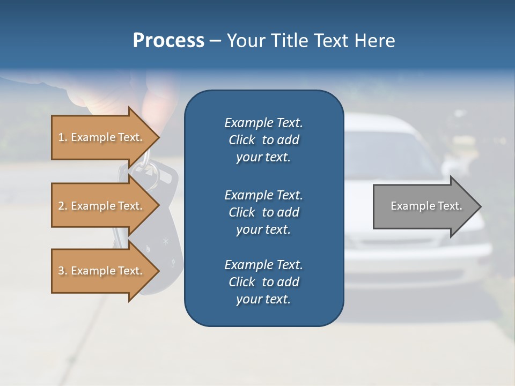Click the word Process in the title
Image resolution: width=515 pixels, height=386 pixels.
(x=168, y=41)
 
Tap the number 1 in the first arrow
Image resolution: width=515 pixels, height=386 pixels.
(x=61, y=137)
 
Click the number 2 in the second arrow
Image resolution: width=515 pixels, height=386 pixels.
(x=61, y=206)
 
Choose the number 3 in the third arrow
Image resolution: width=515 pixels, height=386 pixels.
(x=61, y=271)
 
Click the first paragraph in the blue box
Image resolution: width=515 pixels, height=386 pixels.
(x=263, y=140)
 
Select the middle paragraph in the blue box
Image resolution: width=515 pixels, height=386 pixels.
(x=263, y=212)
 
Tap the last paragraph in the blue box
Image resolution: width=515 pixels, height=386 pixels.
(x=263, y=282)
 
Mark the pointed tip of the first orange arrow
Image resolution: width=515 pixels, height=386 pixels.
(x=158, y=137)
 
